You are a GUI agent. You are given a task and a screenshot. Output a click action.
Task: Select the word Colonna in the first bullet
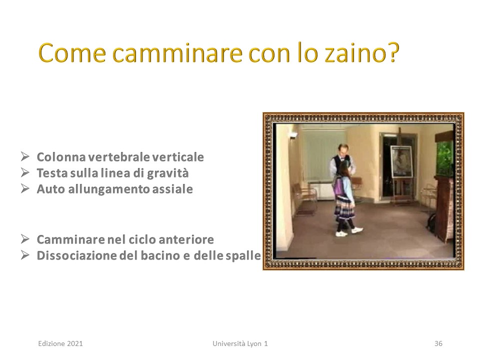[x=61, y=157]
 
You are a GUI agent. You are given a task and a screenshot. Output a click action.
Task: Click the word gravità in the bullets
[x=168, y=173]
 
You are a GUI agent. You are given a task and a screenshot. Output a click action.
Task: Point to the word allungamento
[x=109, y=189]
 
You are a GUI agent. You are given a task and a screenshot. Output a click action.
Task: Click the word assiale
[x=172, y=189]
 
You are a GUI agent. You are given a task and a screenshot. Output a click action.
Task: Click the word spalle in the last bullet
[x=243, y=256]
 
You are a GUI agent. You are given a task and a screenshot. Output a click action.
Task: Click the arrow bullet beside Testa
[x=25, y=172]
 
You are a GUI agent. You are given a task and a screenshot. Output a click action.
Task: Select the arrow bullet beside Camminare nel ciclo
[x=25, y=239]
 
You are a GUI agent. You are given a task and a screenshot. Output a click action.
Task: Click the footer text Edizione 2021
[x=60, y=343]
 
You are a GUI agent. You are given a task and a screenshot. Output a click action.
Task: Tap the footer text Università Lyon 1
[x=240, y=343]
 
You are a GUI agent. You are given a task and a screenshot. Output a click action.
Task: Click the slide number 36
[x=438, y=343]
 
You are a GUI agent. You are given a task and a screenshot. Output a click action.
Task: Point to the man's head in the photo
[x=343, y=150]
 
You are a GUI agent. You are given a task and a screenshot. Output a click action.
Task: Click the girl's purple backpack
[x=338, y=186]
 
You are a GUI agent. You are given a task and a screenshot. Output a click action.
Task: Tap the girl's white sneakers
[x=349, y=231]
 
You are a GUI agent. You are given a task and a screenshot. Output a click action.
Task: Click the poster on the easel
[x=401, y=161]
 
